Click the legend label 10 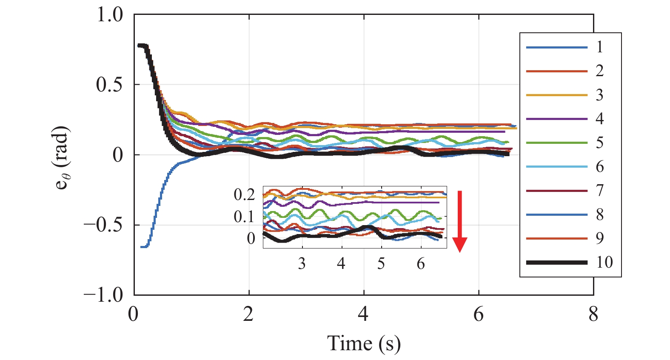tap(604, 262)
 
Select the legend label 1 tap(599, 47)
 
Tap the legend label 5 tap(599, 143)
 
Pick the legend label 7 tap(599, 190)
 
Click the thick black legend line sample tap(556, 263)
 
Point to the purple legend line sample tap(556, 119)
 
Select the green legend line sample tap(556, 143)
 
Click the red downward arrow tap(459, 221)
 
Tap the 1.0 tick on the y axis tap(110, 15)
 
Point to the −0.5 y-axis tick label tap(103, 225)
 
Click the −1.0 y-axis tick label tap(103, 294)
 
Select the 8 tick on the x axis tap(593, 314)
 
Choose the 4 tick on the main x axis tap(363, 314)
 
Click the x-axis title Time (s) tap(364, 343)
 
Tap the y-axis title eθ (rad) tap(62, 157)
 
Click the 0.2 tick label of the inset tap(244, 194)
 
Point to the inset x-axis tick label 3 tap(302, 264)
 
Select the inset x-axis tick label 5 tap(381, 264)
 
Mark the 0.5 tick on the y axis tap(110, 85)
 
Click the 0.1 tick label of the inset tap(244, 217)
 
